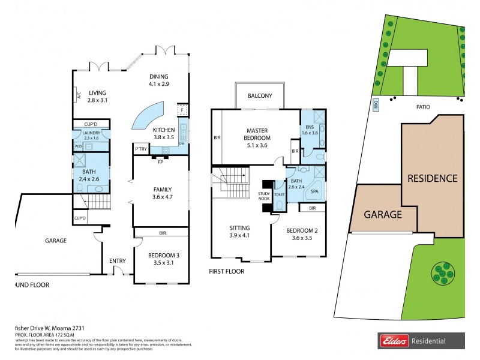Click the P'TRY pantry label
click(x=141, y=149)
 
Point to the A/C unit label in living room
click(x=79, y=94)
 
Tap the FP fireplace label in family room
click(x=160, y=162)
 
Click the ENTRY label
click(x=117, y=260)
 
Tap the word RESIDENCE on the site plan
click(x=433, y=178)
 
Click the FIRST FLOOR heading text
click(x=227, y=271)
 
